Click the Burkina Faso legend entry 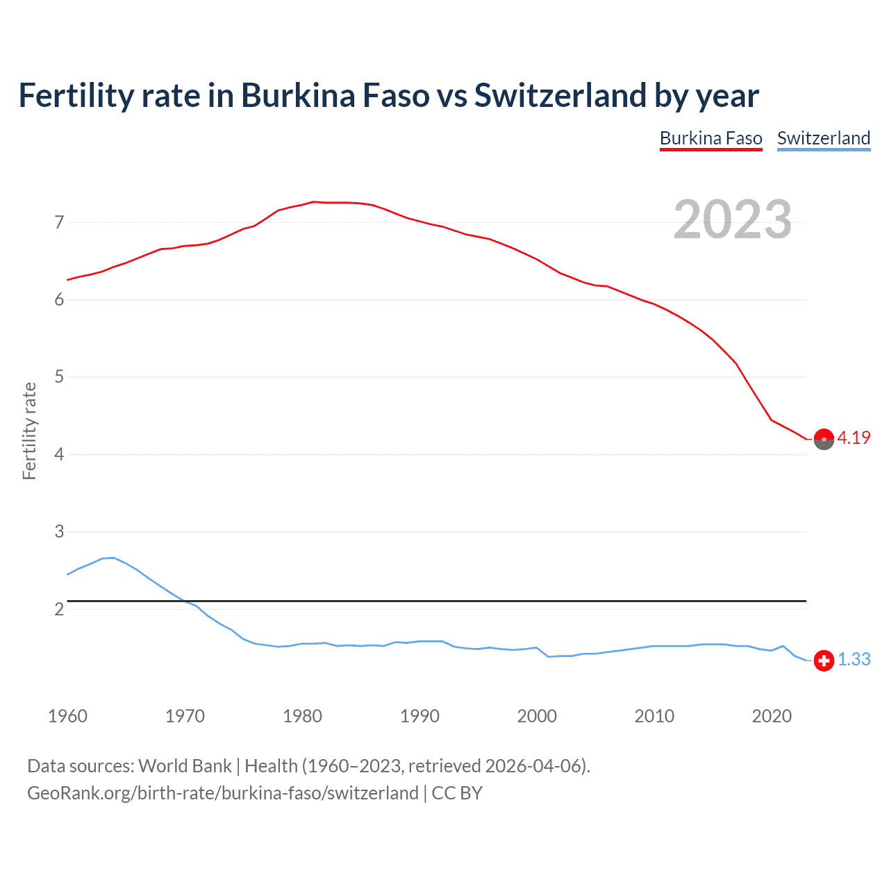click(x=711, y=138)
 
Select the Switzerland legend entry click(x=823, y=138)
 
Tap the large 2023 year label click(x=732, y=219)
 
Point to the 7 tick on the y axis click(x=59, y=223)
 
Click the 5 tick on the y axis click(x=59, y=377)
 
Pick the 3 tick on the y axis click(x=59, y=532)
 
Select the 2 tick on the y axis click(x=59, y=609)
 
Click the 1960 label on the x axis click(x=67, y=716)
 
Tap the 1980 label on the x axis click(x=302, y=716)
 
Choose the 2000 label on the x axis click(x=537, y=716)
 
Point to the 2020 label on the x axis click(x=772, y=716)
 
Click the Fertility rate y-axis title click(x=29, y=431)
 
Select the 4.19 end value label click(x=854, y=438)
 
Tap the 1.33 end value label click(x=854, y=659)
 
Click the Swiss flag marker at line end click(x=824, y=660)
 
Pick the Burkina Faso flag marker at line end click(x=824, y=440)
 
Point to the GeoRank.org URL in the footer click(x=222, y=793)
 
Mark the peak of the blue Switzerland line click(x=113, y=558)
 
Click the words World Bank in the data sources click(x=185, y=766)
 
